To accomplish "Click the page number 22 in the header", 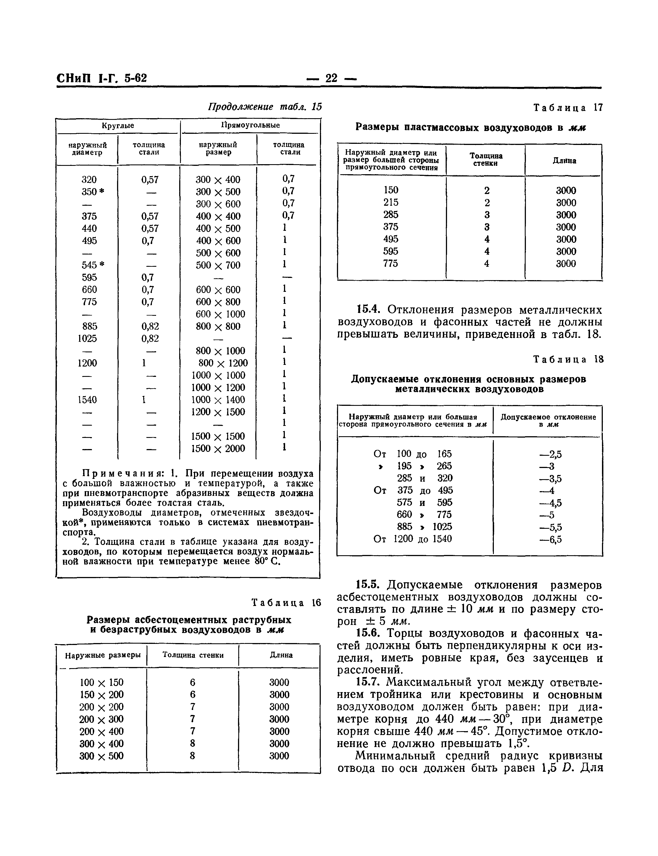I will click(x=331, y=78).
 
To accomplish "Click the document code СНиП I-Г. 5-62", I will click(x=102, y=78).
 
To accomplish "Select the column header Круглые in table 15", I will click(x=118, y=126).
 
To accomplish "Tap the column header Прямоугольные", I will click(x=250, y=125).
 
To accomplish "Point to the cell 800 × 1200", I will click(x=223, y=363).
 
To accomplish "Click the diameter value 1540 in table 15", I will click(x=87, y=400).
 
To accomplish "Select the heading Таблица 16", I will click(x=286, y=603).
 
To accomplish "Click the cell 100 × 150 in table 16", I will click(x=101, y=682).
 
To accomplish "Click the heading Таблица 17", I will click(x=568, y=108).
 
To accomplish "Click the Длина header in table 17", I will click(x=564, y=161).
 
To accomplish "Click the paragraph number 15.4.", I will click(x=368, y=310).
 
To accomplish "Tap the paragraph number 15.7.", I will click(x=368, y=682).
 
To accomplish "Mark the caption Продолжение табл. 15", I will click(x=264, y=107).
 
